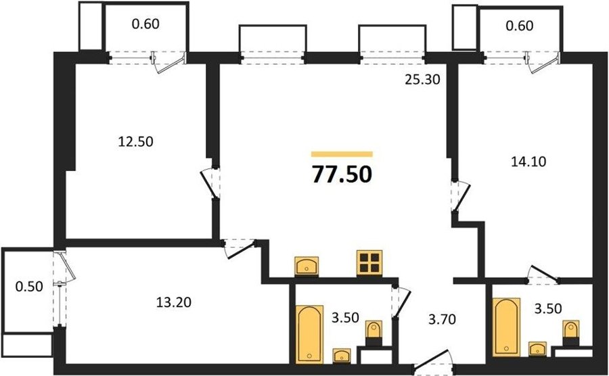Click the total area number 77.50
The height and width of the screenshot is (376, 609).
[x=342, y=174]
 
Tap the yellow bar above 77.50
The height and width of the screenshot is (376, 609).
[x=342, y=154]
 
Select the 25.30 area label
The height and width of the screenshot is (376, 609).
[x=422, y=80]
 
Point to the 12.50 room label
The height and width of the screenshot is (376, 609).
[x=135, y=141]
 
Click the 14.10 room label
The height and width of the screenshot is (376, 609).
[x=528, y=161]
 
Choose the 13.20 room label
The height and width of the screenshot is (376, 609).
[x=174, y=302]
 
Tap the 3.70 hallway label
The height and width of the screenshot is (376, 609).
[x=442, y=319]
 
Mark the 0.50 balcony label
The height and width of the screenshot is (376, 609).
[x=29, y=286]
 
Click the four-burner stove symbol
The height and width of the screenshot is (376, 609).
[x=369, y=262]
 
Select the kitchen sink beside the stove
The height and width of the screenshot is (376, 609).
[x=307, y=266]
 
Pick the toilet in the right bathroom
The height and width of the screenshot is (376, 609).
[x=571, y=332]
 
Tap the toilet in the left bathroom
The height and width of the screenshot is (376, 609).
[x=374, y=333]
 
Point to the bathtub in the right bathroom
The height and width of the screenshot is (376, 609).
[x=506, y=327]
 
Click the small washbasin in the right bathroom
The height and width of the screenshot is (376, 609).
[x=537, y=348]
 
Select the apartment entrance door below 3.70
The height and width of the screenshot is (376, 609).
[x=433, y=362]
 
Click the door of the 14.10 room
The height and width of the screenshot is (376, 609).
[x=461, y=197]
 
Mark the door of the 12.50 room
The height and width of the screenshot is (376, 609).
[x=210, y=184]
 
